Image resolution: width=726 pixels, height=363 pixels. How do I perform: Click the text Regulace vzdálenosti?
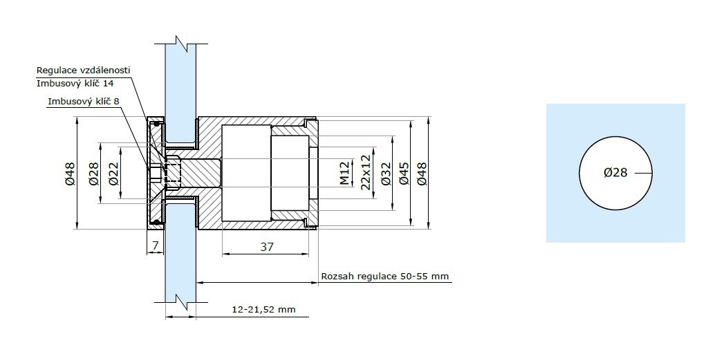click(x=84, y=70)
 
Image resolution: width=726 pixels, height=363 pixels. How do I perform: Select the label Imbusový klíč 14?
click(x=75, y=84)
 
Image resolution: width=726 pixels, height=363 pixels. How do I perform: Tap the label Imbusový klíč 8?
click(x=84, y=101)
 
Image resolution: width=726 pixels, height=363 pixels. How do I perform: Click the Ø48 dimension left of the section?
click(x=69, y=174)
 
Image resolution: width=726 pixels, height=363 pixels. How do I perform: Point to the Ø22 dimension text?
click(x=113, y=174)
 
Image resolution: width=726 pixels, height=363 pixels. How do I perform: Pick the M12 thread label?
click(x=344, y=173)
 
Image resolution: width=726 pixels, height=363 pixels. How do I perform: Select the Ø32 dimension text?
click(x=386, y=174)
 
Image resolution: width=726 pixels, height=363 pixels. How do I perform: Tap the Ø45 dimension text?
click(x=404, y=174)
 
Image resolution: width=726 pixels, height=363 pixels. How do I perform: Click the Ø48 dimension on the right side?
click(x=422, y=174)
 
